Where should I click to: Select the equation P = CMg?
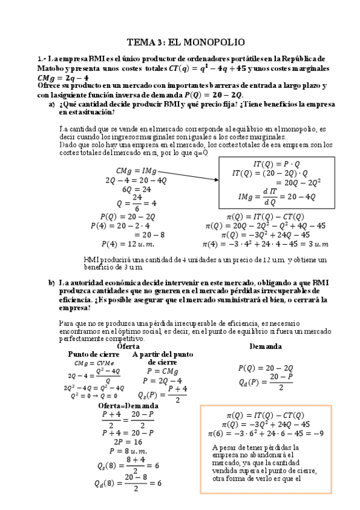tap(158, 372)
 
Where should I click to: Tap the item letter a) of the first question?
tap(52, 104)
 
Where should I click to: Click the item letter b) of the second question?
tap(52, 282)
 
